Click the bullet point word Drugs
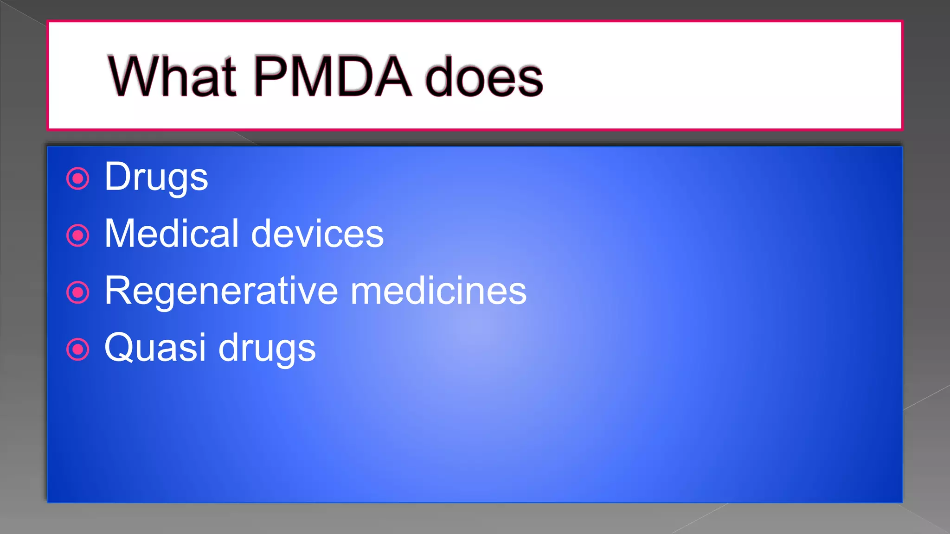(x=156, y=178)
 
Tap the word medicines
(x=438, y=291)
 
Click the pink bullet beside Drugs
(x=78, y=178)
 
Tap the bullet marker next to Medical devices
(x=78, y=235)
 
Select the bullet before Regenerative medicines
(x=78, y=292)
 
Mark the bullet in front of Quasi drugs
(x=78, y=350)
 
